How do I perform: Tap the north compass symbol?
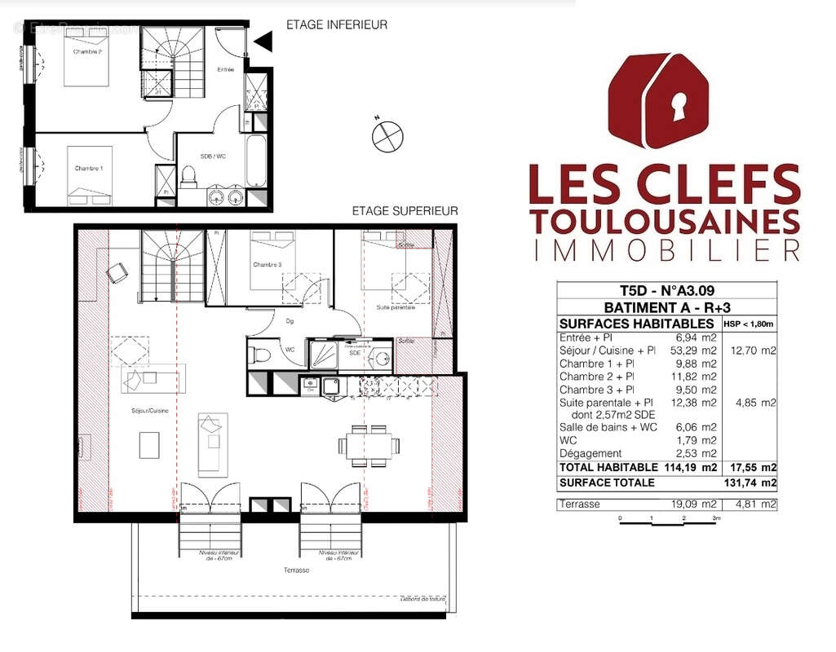pos(387,136)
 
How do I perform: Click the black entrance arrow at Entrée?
pos(262,41)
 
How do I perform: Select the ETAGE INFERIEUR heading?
pos(336,25)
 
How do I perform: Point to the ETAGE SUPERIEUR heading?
pos(405,210)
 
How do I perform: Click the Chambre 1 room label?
pos(89,168)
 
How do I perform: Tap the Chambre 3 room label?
pos(267,265)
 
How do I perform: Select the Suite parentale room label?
pos(396,308)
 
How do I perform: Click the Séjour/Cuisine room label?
pos(148,412)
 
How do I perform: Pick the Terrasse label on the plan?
pos(297,570)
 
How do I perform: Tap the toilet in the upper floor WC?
pos(259,355)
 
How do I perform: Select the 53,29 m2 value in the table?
pos(697,350)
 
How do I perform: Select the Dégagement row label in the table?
pos(591,453)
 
